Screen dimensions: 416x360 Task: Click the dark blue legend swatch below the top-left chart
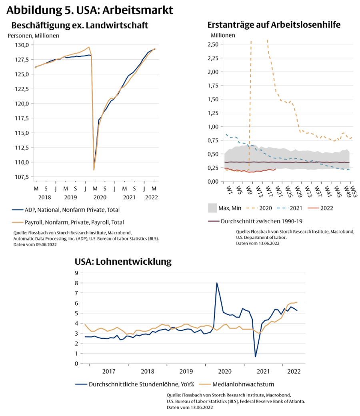pyautogui.click(x=18, y=210)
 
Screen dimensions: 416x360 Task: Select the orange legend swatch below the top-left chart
pyautogui.click(x=18, y=222)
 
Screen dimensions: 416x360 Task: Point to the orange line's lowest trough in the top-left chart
pyautogui.click(x=94, y=170)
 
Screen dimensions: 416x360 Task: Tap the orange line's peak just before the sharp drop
pyautogui.click(x=88, y=47)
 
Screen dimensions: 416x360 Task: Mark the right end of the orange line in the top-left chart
pyautogui.click(x=155, y=48)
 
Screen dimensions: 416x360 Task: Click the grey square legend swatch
pyautogui.click(x=213, y=208)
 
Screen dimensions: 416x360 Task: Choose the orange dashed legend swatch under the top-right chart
pyautogui.click(x=252, y=208)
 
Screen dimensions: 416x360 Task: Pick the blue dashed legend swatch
pyautogui.click(x=283, y=208)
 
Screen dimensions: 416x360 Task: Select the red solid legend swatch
pyautogui.click(x=313, y=208)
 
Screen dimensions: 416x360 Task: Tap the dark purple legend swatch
pyautogui.click(x=214, y=221)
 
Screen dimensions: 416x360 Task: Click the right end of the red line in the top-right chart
pyautogui.click(x=276, y=170)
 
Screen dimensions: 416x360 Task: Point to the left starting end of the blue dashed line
pyautogui.click(x=226, y=134)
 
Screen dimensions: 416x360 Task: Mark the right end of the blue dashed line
pyautogui.click(x=350, y=170)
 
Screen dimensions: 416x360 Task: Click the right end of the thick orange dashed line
pyautogui.click(x=352, y=138)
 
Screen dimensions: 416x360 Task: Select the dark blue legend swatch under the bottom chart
pyautogui.click(x=81, y=384)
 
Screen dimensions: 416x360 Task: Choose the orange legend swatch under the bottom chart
pyautogui.click(x=205, y=384)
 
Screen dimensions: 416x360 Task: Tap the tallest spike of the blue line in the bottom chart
pyautogui.click(x=217, y=283)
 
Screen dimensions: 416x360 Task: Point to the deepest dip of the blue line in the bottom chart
pyautogui.click(x=255, y=356)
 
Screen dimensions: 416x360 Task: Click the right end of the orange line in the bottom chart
pyautogui.click(x=298, y=302)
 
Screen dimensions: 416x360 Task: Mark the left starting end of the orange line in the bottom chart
pyautogui.click(x=84, y=324)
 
